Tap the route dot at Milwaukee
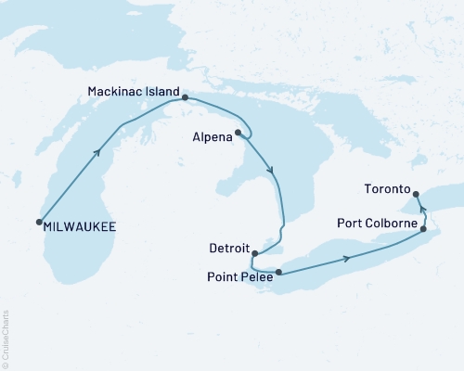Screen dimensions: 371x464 (39, 222)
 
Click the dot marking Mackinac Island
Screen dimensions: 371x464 (185, 97)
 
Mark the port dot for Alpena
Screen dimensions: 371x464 (238, 133)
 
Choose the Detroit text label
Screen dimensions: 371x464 (230, 249)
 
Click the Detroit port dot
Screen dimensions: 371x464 (255, 252)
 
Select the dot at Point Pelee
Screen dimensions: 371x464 (278, 272)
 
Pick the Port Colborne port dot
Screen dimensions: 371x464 (424, 229)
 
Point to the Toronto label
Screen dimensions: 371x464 (386, 188)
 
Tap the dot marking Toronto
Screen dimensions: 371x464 (416, 194)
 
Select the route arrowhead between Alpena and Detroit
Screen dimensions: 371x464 (270, 171)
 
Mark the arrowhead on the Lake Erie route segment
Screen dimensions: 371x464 (347, 258)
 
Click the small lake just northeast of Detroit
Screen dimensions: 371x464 (269, 243)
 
